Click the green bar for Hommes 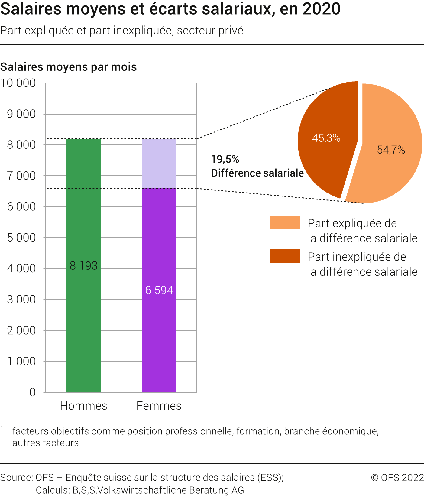coord(83,265)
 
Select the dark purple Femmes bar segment coord(159,290)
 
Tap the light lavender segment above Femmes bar coord(159,164)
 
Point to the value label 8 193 coord(83,265)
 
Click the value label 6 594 coord(159,290)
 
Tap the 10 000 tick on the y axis coord(18,83)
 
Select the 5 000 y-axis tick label coord(21,238)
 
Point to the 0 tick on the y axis coord(33,392)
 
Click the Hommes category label coord(83,406)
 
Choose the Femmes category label coord(159,406)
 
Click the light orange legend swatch coord(285,223)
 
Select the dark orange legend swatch coord(285,256)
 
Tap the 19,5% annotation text coord(225,159)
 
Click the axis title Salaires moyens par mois coord(69,67)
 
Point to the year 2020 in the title coord(322,9)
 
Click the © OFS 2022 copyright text coord(397,478)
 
